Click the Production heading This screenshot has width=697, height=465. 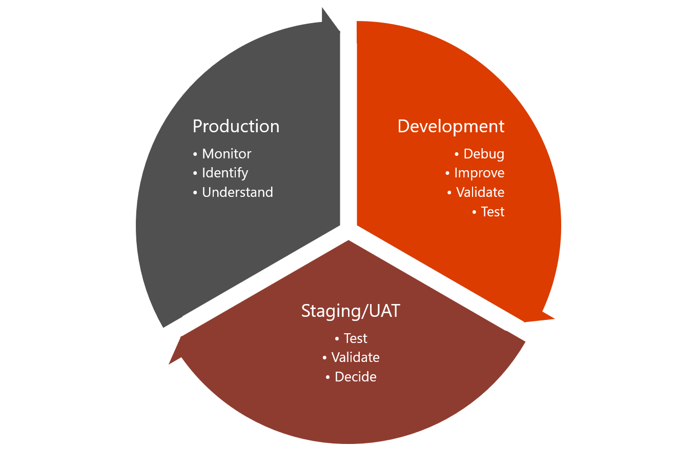pos(236,126)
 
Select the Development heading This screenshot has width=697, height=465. pos(451,126)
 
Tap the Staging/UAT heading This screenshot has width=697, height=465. pos(351,311)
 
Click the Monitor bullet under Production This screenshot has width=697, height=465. pos(227,154)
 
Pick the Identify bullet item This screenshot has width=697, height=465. pos(225,173)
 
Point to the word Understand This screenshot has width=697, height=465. pos(237,192)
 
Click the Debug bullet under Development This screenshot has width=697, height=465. pos(484,154)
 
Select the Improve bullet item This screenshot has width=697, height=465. pos(479,173)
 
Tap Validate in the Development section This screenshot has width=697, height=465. pos(480,192)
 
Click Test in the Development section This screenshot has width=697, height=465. pos(493,212)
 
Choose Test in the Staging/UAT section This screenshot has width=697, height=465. pos(356,338)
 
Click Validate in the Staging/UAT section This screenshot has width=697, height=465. pos(356,357)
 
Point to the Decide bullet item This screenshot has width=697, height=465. pos(356,377)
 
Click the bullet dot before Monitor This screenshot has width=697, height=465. pos(195,154)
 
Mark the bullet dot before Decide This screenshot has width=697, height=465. pos(328,377)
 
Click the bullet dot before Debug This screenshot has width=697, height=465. pos(457,154)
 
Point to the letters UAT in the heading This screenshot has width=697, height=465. pos(384,311)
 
